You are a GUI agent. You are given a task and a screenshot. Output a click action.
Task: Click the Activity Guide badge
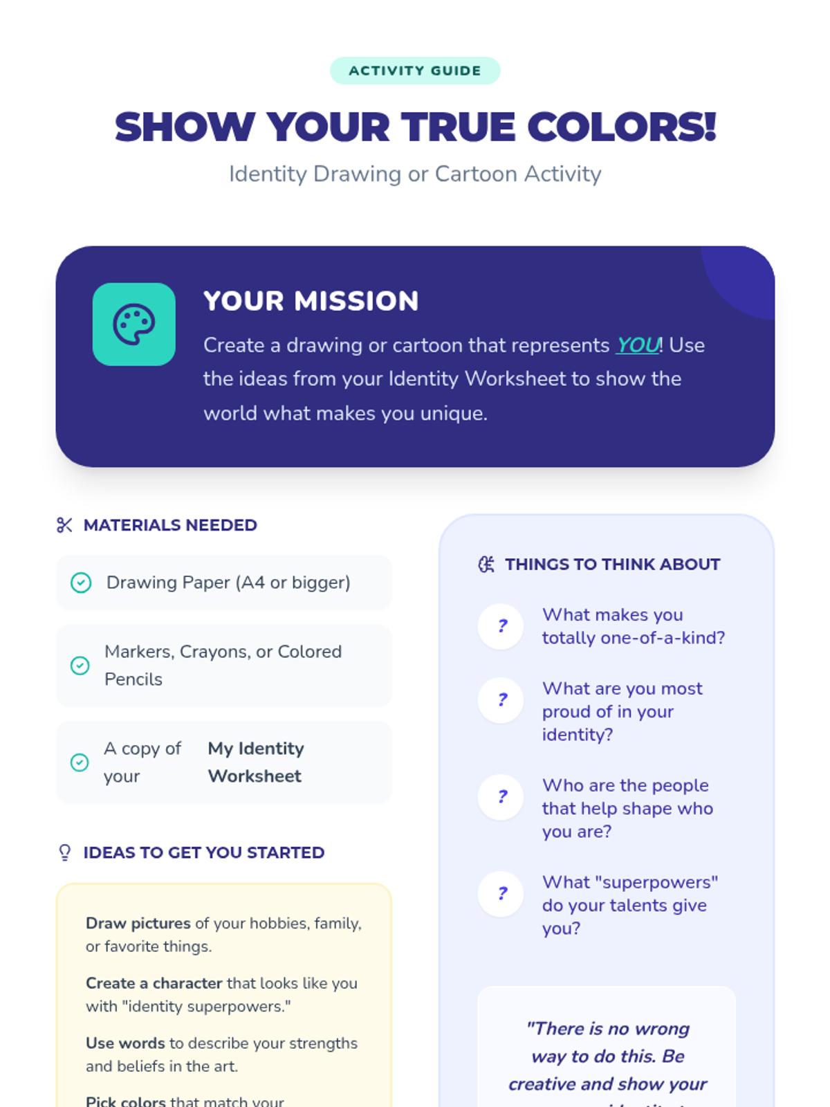[x=415, y=71]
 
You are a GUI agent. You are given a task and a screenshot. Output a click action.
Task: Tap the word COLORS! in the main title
[x=621, y=127]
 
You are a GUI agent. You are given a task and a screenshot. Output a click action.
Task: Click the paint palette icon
[x=134, y=324]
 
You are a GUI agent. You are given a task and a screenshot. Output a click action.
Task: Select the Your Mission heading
[x=311, y=301]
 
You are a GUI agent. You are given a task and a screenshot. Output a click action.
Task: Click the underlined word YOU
[x=637, y=345]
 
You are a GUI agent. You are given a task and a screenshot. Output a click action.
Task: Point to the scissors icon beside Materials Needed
[x=64, y=525]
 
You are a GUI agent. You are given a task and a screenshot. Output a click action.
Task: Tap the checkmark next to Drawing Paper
[x=81, y=583]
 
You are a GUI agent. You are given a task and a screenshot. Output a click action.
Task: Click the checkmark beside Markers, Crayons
[x=80, y=666]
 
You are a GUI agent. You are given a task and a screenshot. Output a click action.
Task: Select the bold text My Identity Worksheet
[x=256, y=762]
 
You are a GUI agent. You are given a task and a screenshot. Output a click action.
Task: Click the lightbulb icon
[x=65, y=852]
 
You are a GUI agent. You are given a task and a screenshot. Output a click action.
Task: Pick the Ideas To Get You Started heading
[x=203, y=852]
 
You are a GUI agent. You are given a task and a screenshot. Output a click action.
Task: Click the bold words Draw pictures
[x=138, y=924]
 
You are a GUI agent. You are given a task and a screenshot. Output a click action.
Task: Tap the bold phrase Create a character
[x=154, y=983]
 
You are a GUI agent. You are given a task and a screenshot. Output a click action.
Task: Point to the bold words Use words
[x=125, y=1043]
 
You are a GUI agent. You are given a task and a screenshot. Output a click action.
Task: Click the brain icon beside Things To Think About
[x=486, y=565]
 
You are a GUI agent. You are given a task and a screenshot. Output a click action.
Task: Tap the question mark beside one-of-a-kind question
[x=501, y=627]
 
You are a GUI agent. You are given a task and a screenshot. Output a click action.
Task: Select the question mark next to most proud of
[x=501, y=700]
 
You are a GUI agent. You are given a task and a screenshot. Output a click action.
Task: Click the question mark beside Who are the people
[x=501, y=797]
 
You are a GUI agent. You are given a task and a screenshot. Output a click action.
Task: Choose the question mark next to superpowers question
[x=501, y=894]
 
